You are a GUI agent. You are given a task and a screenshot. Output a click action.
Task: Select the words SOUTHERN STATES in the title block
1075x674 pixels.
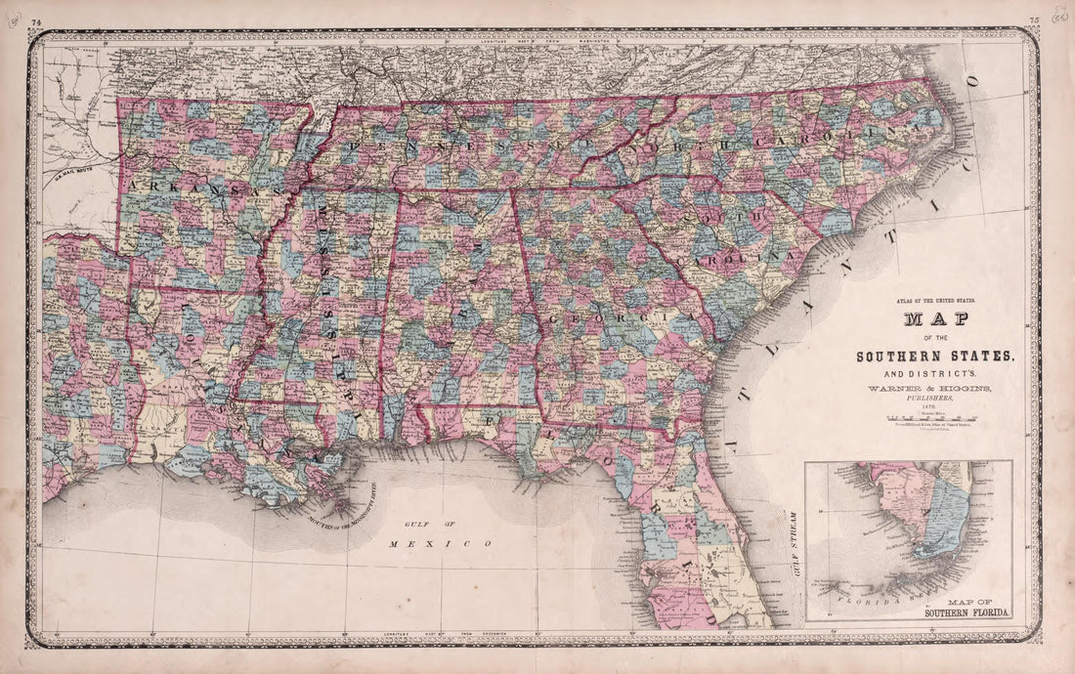coord(935,357)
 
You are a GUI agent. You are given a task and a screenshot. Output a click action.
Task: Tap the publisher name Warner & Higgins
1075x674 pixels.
coord(935,389)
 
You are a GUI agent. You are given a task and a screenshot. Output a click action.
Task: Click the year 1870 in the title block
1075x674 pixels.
coord(935,408)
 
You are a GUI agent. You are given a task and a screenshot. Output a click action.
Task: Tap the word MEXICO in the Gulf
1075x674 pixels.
coord(437,543)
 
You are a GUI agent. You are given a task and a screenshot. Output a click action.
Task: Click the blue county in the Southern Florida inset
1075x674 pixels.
coord(943,518)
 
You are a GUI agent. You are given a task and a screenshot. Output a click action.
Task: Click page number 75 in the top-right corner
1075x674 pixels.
coord(1035,21)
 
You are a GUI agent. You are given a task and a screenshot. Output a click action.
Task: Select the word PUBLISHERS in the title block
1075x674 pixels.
coord(935,399)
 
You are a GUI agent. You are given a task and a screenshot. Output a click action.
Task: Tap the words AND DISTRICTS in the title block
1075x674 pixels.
coord(935,373)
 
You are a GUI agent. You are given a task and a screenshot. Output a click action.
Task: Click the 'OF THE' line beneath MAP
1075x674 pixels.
coord(935,339)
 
